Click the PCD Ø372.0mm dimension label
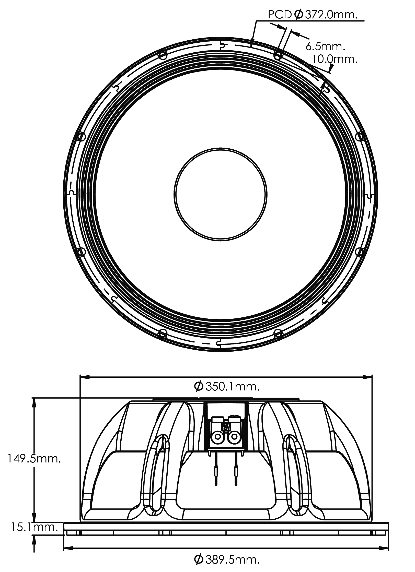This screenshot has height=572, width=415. tap(312, 15)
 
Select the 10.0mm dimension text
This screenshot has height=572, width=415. tap(334, 59)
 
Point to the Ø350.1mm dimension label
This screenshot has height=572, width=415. tap(227, 387)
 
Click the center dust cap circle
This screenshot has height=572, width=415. tap(220, 195)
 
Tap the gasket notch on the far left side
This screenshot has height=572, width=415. tap(72, 192)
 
